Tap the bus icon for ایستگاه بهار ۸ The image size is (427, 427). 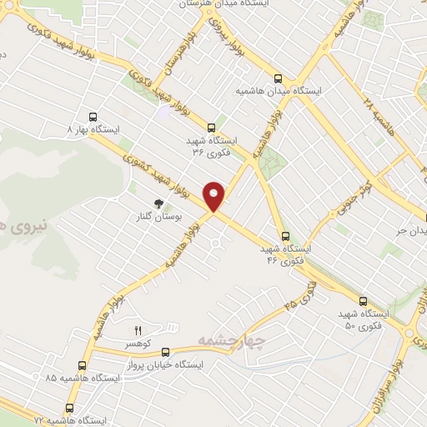93,117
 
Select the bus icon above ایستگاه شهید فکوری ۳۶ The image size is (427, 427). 212,128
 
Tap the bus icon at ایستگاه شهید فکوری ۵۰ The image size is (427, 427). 363,300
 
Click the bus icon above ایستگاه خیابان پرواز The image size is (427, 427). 166,351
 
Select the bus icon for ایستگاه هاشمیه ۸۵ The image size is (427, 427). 82,365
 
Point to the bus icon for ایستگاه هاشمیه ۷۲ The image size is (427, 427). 69,408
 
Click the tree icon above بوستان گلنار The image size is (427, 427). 157,203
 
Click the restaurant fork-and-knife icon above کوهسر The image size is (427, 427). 138,330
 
